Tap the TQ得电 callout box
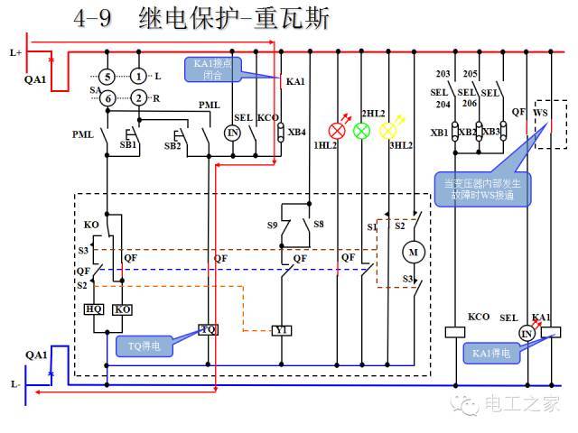pos(143,345)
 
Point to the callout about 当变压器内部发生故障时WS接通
pos(483,190)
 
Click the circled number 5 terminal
pos(107,76)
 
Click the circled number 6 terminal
pos(107,97)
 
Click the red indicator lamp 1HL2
pos(338,131)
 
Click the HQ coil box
pos(93,309)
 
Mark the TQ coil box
pos(209,330)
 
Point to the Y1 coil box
pos(282,330)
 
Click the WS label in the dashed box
pos(541,113)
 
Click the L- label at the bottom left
pos(15,384)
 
